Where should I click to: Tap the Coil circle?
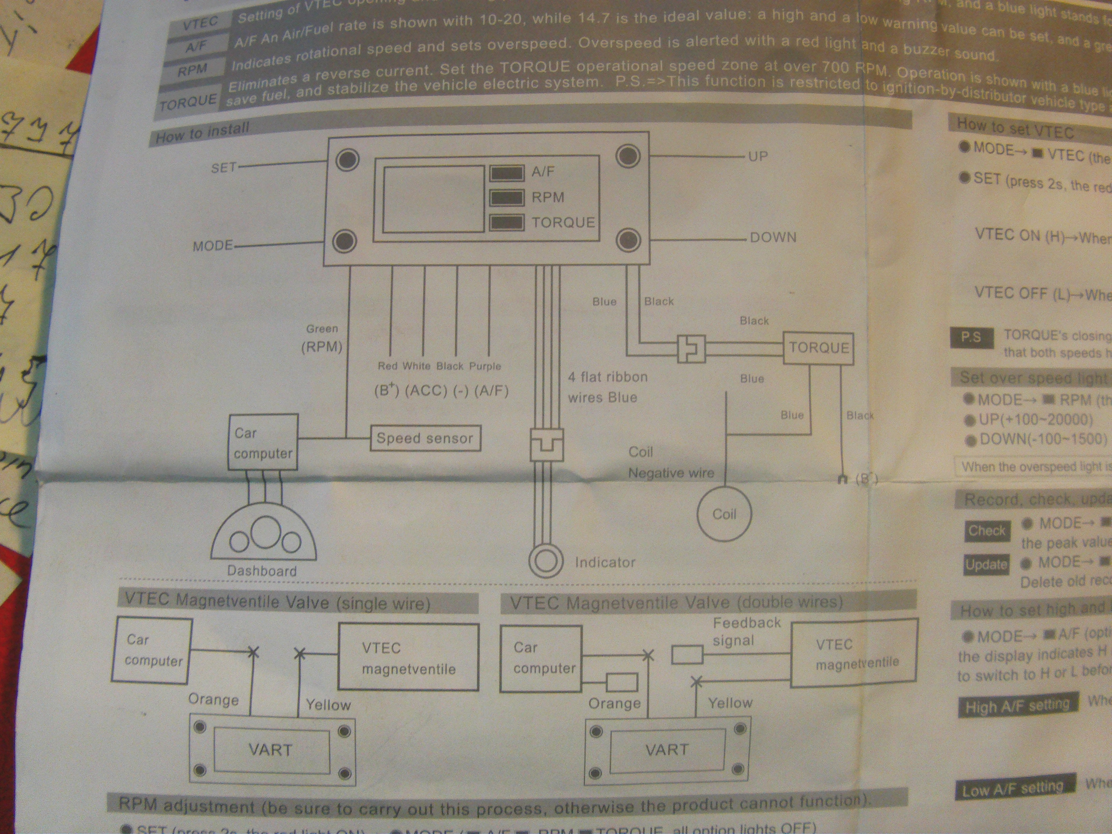(x=724, y=514)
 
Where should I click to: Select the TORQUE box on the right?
(x=818, y=348)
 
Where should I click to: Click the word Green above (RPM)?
(x=322, y=329)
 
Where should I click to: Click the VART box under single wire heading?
(x=271, y=751)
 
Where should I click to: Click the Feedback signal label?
(x=746, y=631)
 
